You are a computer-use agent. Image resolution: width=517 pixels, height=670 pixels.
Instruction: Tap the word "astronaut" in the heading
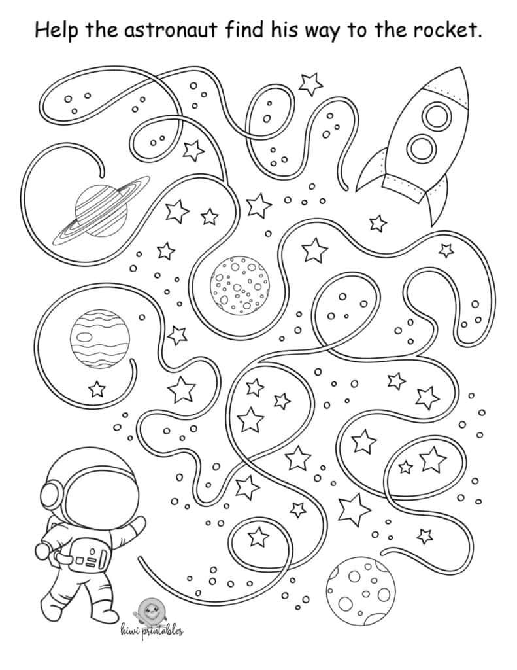[172, 30]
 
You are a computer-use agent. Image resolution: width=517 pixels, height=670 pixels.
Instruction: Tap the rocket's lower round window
[420, 148]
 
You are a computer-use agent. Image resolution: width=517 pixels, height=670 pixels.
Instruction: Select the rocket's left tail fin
[371, 172]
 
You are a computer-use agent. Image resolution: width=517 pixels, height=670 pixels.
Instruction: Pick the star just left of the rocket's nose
[310, 84]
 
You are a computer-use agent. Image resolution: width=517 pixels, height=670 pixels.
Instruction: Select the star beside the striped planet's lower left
[97, 390]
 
